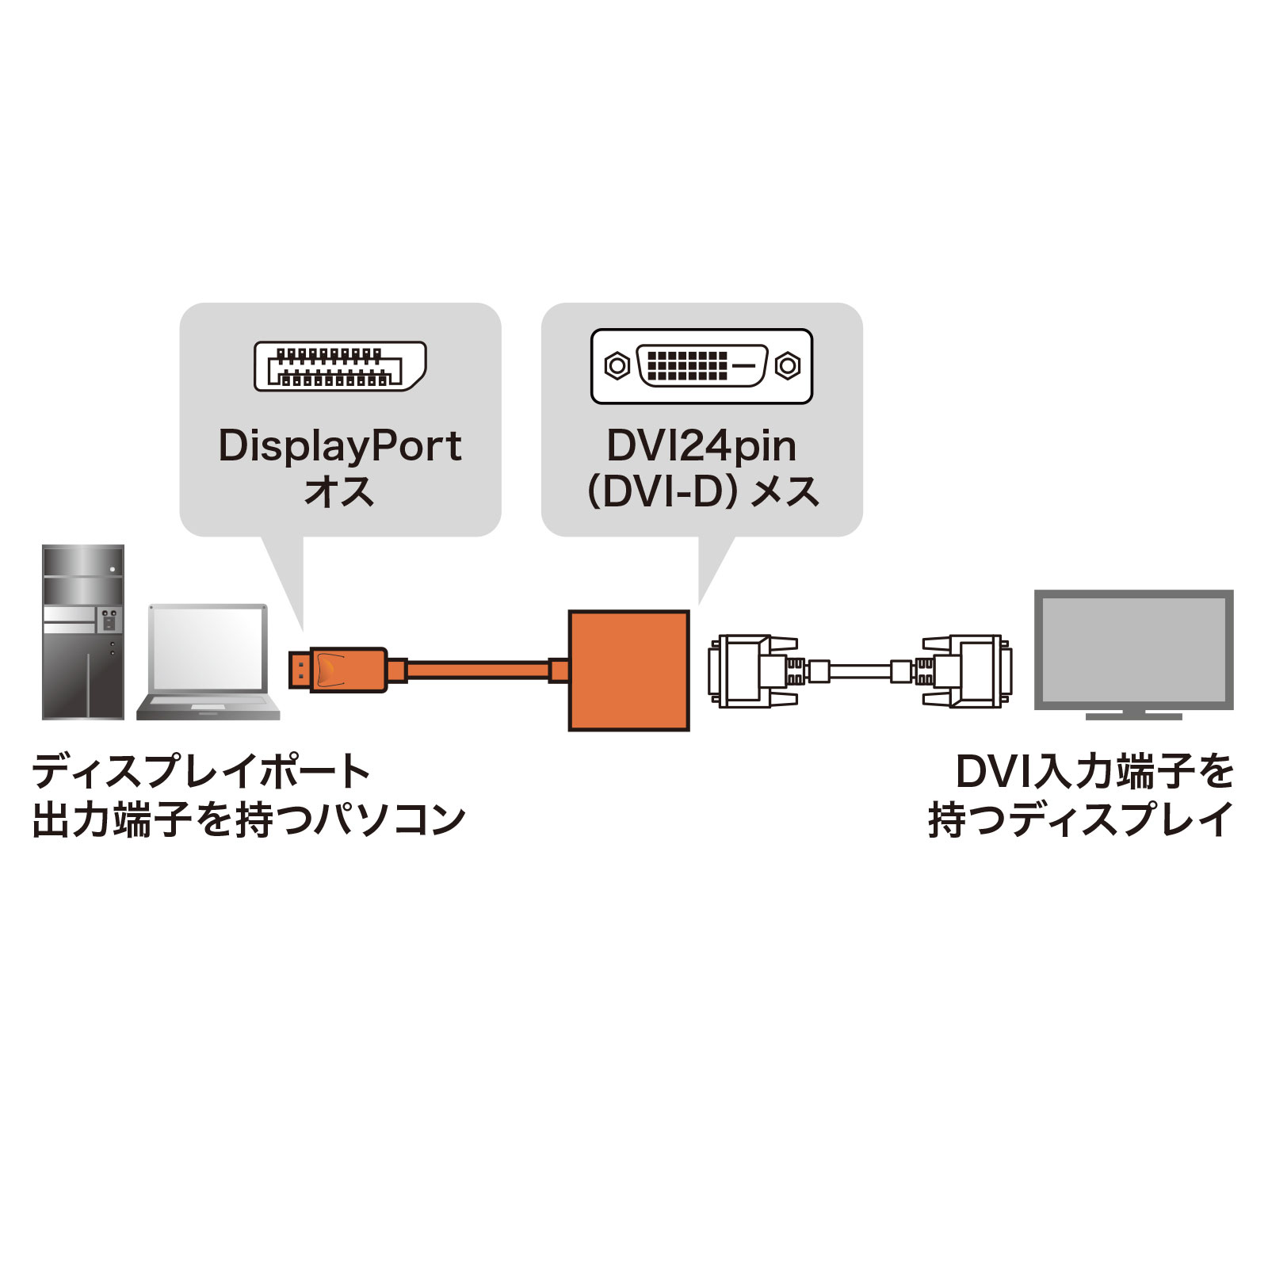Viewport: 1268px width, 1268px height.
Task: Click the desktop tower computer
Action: [x=83, y=632]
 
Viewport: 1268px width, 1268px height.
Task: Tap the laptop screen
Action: [x=208, y=649]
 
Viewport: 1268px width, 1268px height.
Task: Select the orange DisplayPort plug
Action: [x=341, y=670]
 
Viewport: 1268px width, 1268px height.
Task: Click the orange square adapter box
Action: [x=628, y=670]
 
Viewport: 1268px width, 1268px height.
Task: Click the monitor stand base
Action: [x=1133, y=716]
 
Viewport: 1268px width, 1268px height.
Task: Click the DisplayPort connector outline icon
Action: [x=340, y=366]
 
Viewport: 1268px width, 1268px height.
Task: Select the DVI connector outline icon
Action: [x=701, y=366]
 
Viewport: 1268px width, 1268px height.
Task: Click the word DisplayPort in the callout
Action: [x=340, y=446]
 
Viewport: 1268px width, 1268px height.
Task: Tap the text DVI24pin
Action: [x=701, y=446]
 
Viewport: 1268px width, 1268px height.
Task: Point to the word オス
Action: [x=340, y=491]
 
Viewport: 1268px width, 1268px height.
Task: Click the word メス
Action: [x=785, y=492]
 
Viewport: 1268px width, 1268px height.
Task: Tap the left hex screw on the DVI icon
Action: [x=617, y=366]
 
